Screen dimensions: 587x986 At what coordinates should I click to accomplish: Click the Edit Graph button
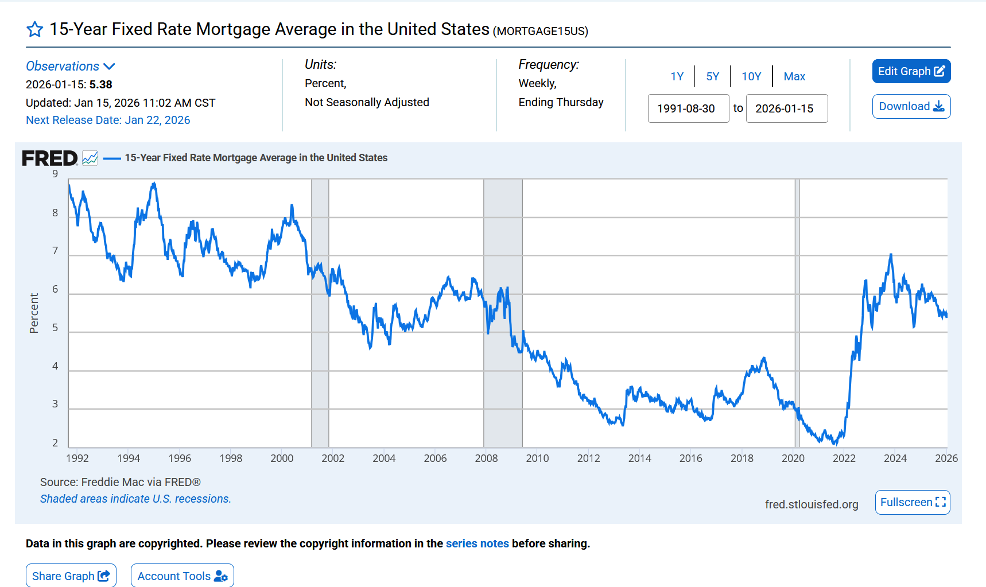(911, 71)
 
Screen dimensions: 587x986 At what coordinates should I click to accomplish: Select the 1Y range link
(677, 76)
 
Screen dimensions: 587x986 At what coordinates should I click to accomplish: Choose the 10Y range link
(751, 76)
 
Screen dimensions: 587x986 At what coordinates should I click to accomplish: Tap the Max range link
(794, 76)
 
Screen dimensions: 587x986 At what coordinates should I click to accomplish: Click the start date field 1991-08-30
(688, 108)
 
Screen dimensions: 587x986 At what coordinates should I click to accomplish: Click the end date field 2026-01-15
(786, 108)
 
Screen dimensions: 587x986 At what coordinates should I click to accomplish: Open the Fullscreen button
(912, 502)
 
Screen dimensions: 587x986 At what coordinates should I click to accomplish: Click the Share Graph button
(71, 576)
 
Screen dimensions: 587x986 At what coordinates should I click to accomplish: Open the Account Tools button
(182, 576)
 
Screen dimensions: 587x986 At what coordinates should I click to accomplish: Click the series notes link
(477, 543)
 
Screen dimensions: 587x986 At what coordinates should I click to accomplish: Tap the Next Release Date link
(108, 120)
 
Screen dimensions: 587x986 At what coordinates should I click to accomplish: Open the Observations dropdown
(71, 67)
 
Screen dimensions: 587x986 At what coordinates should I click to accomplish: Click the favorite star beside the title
(35, 29)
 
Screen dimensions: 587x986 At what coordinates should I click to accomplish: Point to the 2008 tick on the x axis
(486, 458)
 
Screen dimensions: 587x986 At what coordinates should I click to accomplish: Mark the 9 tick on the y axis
(55, 174)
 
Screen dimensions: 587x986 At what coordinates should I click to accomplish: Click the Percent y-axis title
(34, 313)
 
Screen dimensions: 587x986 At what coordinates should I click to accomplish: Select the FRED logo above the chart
(50, 158)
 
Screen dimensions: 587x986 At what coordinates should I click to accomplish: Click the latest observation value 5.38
(101, 84)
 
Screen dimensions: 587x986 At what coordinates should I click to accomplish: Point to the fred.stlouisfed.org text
(811, 504)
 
